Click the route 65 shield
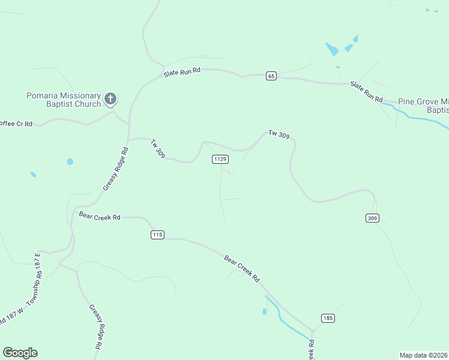pos(271,76)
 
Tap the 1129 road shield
pos(220,159)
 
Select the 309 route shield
pos(372,218)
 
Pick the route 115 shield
pos(157,235)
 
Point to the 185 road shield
pos(327,318)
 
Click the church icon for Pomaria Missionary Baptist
pos(110,98)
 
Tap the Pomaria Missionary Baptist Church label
pos(63,100)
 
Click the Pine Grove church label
pos(424,106)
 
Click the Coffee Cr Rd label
pos(16,123)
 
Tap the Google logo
pos(20,353)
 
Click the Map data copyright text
pos(424,355)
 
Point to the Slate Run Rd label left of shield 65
pos(182,72)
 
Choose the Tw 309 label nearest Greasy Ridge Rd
pos(158,149)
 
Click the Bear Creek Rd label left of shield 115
pos(100,215)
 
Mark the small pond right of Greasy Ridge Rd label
pos(70,161)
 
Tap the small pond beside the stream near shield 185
pos(264,311)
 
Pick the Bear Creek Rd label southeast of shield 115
pos(241,269)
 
